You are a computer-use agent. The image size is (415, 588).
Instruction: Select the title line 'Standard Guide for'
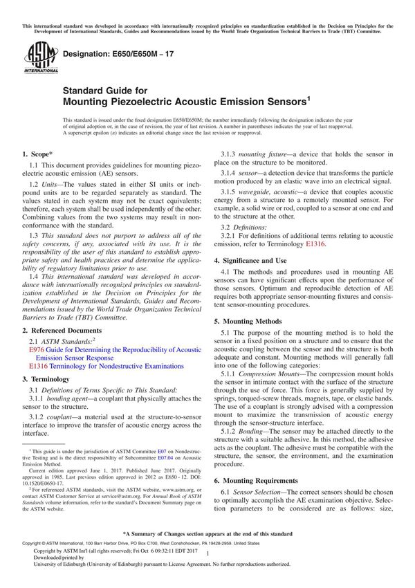click(104, 90)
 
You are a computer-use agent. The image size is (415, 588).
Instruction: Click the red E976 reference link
click(37, 351)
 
